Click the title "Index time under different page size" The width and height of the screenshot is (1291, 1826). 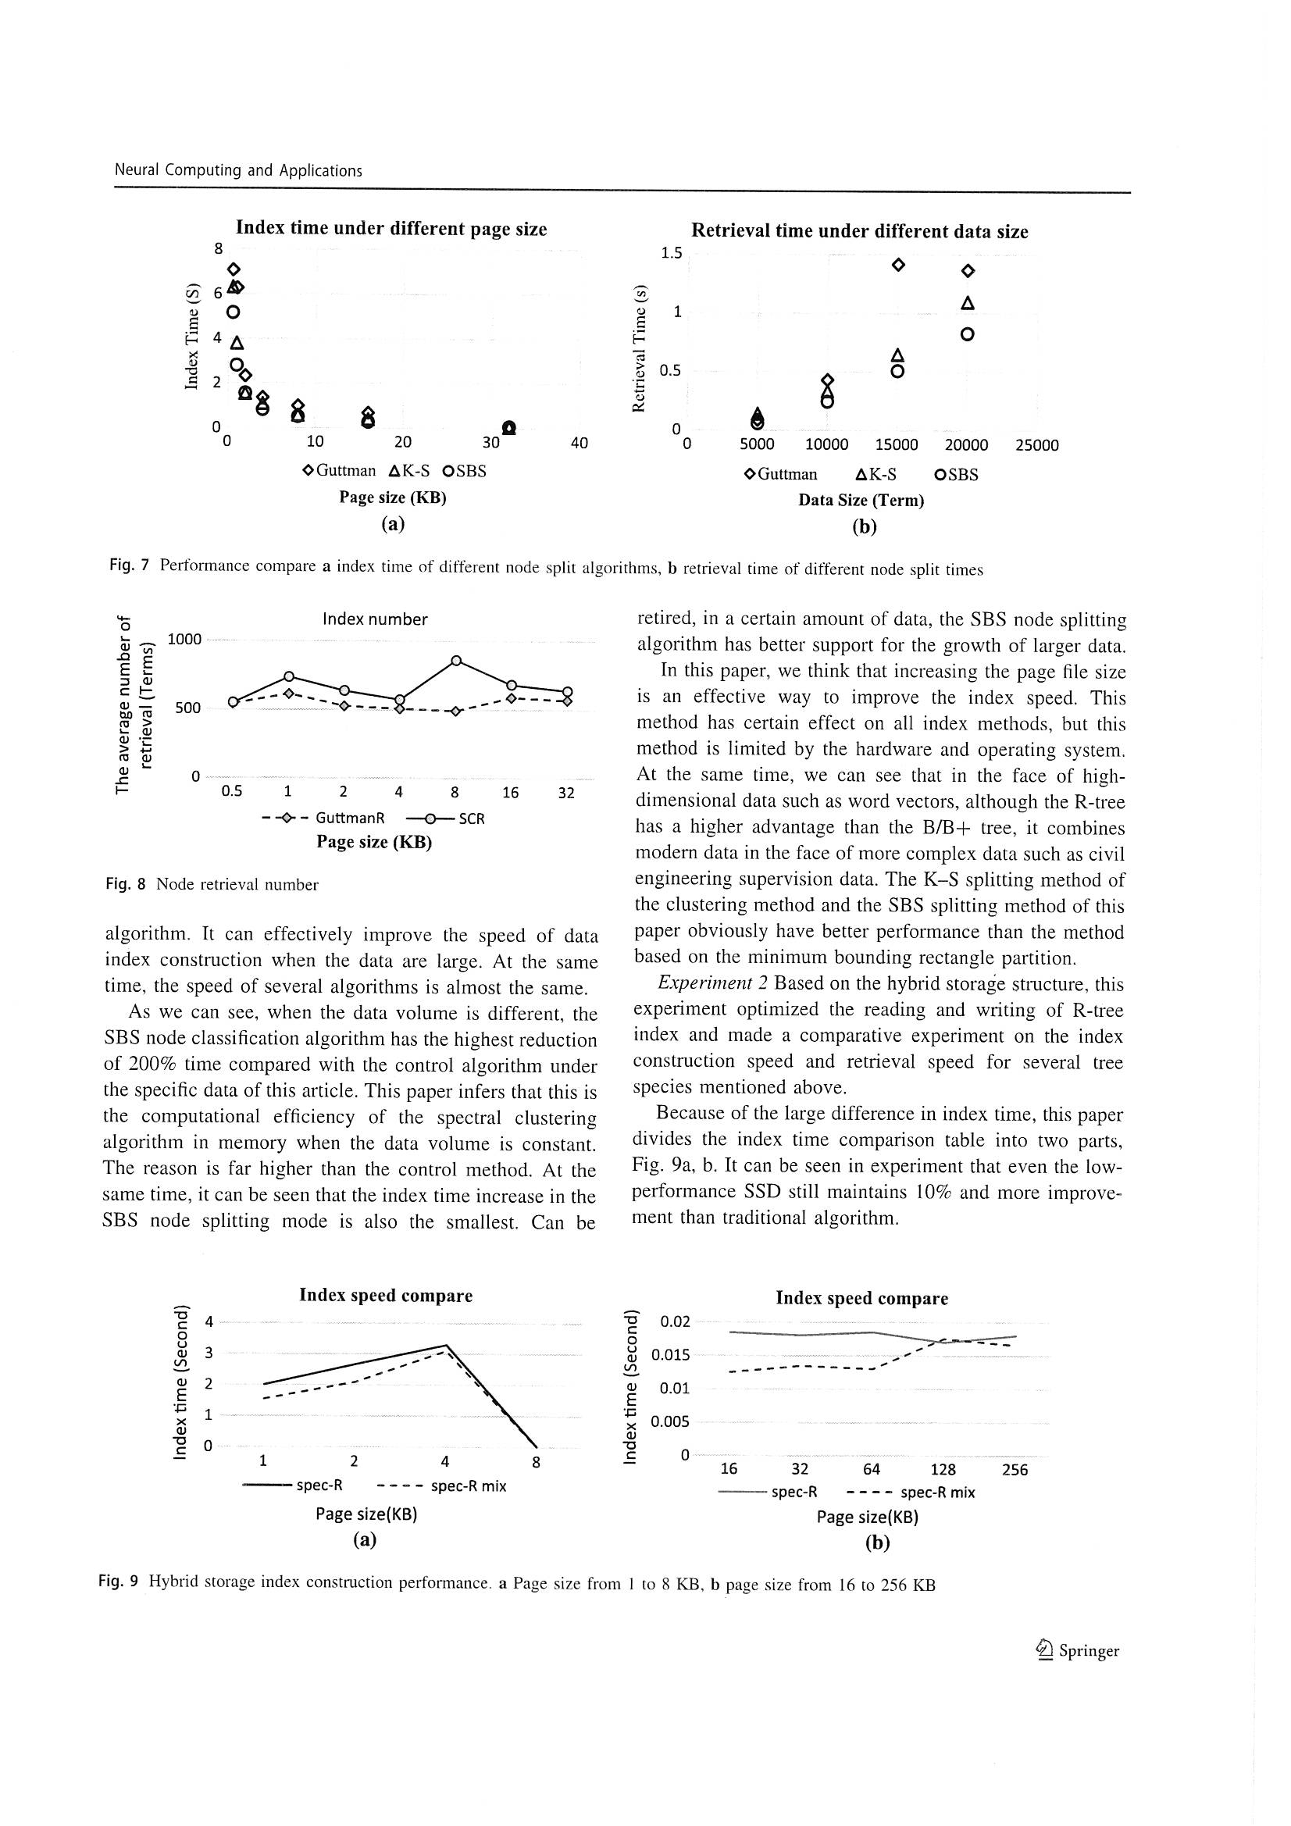click(x=391, y=229)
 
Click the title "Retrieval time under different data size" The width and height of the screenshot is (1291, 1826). click(x=859, y=231)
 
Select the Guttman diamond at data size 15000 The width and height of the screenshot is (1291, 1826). click(x=898, y=265)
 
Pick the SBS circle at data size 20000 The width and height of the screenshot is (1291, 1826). click(x=967, y=335)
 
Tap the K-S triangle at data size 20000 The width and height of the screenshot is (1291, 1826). click(x=967, y=303)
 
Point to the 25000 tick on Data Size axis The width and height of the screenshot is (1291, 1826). click(x=1036, y=445)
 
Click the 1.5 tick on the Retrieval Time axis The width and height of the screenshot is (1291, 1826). click(x=671, y=254)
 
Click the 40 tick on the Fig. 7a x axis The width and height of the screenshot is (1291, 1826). click(x=579, y=443)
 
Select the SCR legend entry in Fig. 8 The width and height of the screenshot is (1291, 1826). click(x=445, y=818)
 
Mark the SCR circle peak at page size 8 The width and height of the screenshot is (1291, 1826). click(x=457, y=661)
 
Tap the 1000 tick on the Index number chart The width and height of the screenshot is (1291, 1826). click(x=184, y=640)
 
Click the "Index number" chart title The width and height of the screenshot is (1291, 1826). click(x=375, y=619)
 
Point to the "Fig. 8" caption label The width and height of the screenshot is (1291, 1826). click(x=125, y=884)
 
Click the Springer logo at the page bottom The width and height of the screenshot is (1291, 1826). click(x=1077, y=1651)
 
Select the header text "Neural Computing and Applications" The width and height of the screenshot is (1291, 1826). click(x=239, y=170)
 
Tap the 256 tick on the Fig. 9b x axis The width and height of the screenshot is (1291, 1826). click(x=1015, y=1470)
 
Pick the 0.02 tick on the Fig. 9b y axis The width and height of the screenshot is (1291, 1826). click(x=675, y=1321)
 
